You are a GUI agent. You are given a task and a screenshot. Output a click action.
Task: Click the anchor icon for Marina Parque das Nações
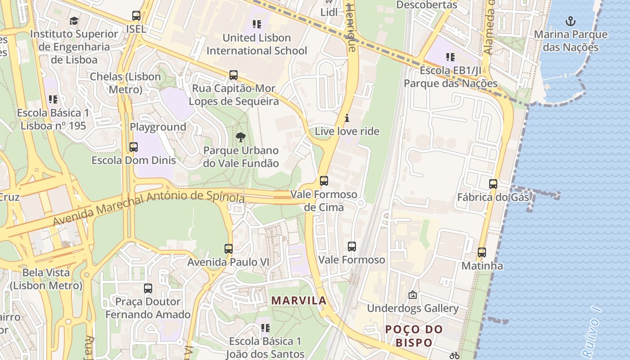pyautogui.click(x=571, y=21)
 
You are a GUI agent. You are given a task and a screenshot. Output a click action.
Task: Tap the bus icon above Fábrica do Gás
pyautogui.click(x=493, y=184)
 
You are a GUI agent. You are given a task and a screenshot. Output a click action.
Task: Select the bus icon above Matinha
pyautogui.click(x=482, y=252)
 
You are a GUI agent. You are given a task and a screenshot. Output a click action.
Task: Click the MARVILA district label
pyautogui.click(x=299, y=301)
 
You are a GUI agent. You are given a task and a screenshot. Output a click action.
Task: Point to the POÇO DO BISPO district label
pyautogui.click(x=414, y=336)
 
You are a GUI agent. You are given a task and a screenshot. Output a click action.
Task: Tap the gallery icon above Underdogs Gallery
pyautogui.click(x=412, y=295)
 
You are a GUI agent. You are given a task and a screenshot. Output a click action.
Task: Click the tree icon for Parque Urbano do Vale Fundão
pyautogui.click(x=241, y=137)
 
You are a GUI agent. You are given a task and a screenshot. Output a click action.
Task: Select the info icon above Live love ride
pyautogui.click(x=347, y=118)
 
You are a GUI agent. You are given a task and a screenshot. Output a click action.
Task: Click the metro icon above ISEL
pyautogui.click(x=136, y=16)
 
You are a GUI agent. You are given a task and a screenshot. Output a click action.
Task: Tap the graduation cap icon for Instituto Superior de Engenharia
pyautogui.click(x=74, y=21)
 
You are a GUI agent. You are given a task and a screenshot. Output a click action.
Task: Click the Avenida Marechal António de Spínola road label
pyautogui.click(x=148, y=207)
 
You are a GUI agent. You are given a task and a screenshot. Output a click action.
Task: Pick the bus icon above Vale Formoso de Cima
pyautogui.click(x=324, y=181)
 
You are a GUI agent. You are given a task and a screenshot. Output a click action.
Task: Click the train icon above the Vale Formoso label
pyautogui.click(x=352, y=247)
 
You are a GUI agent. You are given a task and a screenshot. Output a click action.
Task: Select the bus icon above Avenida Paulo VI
pyautogui.click(x=229, y=249)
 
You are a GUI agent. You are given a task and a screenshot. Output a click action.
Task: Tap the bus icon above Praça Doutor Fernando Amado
pyautogui.click(x=148, y=288)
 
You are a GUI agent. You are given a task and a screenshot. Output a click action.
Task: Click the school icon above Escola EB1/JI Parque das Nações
pyautogui.click(x=450, y=57)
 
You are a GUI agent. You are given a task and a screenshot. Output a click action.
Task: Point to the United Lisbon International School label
pyautogui.click(x=256, y=44)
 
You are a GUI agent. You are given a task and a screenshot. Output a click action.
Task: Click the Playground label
pyautogui.click(x=158, y=127)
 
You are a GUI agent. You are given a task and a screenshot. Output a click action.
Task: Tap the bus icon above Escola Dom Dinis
pyautogui.click(x=134, y=147)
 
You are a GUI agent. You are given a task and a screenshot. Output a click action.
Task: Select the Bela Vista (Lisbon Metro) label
pyautogui.click(x=46, y=279)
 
